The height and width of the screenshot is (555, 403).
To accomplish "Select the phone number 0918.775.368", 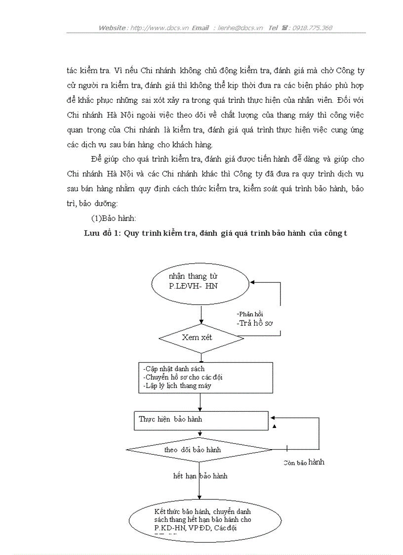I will click(312, 28).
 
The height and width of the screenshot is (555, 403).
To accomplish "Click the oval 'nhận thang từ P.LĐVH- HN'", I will click(200, 281).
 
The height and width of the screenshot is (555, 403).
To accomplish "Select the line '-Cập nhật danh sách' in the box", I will click(174, 369).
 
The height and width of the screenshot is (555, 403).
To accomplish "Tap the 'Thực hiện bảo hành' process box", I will click(201, 420).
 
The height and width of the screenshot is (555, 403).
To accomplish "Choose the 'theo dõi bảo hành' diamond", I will click(199, 450).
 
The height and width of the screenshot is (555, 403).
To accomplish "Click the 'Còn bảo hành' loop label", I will click(304, 463).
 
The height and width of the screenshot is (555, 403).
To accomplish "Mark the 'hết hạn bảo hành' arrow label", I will click(200, 476).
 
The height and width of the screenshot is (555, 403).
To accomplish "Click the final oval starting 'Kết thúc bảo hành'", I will click(204, 520).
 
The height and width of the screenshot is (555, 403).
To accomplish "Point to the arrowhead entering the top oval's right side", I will click(252, 282).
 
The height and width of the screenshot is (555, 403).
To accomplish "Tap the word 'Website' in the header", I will click(112, 28).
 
